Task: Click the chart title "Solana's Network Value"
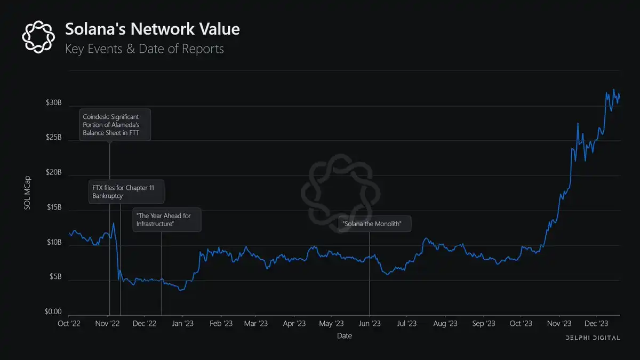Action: tap(152, 29)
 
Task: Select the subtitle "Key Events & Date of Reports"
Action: tap(144, 49)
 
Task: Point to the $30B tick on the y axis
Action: tap(54, 103)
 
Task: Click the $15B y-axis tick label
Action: tap(54, 207)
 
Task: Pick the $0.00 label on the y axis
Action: tap(52, 312)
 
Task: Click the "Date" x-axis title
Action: tap(344, 336)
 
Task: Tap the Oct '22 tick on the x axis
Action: tap(69, 323)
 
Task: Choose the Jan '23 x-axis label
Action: tap(183, 323)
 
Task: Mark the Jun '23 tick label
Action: tap(370, 323)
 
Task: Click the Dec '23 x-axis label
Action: tap(596, 323)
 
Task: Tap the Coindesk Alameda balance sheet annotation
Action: tap(115, 125)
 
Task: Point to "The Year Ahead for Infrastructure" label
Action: tap(167, 220)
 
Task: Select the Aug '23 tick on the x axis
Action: tap(445, 323)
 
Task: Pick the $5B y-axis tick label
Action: tap(55, 277)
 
